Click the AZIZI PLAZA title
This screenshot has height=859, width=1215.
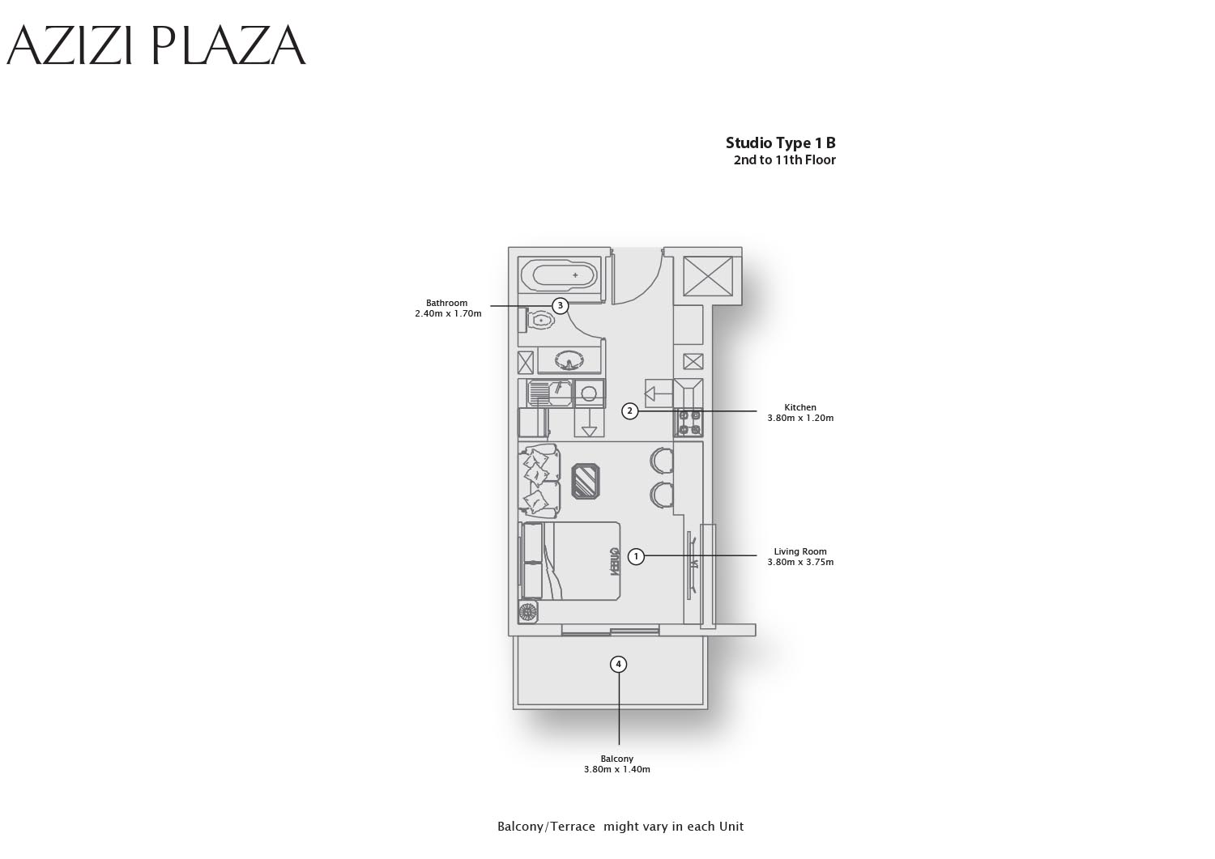coord(156,45)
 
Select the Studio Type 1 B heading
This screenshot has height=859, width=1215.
coord(781,143)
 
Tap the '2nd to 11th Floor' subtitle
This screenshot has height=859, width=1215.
coord(784,160)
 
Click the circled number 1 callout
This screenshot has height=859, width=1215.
coord(636,556)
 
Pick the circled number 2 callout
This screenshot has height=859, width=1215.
coord(629,411)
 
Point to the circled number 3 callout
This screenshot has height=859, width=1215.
coord(561,306)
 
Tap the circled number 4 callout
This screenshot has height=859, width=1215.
coord(618,665)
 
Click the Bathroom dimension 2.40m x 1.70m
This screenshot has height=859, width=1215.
coord(448,313)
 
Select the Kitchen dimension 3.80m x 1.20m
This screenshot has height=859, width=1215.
coord(800,418)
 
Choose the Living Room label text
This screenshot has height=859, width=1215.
coord(800,551)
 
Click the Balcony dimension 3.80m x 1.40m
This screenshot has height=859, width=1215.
coord(617,769)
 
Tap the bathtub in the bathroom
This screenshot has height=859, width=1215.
coord(559,275)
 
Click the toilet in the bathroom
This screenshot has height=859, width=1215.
coord(536,321)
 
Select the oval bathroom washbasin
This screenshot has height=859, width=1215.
coord(569,359)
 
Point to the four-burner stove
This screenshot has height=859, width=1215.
coord(688,423)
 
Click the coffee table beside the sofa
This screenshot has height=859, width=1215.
coord(586,481)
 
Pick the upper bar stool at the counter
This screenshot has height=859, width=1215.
coord(662,461)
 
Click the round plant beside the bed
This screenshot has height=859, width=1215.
coord(528,612)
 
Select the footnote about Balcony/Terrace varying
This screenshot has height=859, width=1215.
coord(620,827)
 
